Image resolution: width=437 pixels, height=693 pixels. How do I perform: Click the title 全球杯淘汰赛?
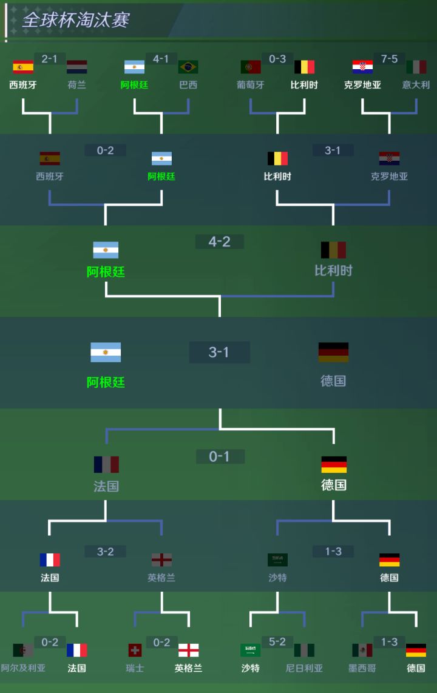point(75,20)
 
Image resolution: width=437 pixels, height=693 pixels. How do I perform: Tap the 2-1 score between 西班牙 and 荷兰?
point(49,59)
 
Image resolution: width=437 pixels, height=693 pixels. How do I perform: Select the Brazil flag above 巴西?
point(188,67)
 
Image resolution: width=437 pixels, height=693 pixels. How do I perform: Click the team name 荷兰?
point(77,85)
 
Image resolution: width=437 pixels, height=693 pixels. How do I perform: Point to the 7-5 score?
point(389,59)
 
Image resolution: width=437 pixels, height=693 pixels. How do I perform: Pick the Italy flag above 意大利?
point(416,67)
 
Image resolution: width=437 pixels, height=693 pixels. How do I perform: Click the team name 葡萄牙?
point(251,85)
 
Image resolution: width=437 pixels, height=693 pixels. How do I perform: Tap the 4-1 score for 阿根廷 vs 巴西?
point(161,59)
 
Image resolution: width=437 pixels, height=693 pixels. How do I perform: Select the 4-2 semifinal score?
point(220,242)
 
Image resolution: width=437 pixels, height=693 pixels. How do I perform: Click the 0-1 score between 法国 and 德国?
point(220,456)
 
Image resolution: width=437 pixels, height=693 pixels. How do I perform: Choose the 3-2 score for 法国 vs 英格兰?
point(105,552)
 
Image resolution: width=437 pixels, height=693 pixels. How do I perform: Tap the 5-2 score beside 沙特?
point(277,642)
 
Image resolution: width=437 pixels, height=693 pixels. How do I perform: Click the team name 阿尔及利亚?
point(23,668)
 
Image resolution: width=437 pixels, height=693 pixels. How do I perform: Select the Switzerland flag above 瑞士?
point(135,650)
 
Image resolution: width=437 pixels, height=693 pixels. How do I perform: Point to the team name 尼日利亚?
point(304,668)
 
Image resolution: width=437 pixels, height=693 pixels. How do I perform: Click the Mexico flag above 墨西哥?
point(362,650)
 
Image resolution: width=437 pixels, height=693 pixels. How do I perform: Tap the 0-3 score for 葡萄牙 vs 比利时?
point(277,59)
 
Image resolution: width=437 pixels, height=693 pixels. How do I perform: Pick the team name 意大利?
point(416,85)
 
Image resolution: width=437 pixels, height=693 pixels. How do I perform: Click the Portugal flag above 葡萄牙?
point(251,67)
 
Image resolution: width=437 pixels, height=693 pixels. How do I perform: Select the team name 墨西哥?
point(362,668)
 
